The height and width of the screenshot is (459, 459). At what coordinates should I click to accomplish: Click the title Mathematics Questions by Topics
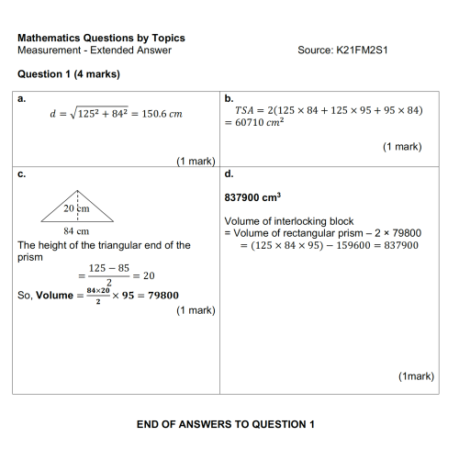[x=101, y=38]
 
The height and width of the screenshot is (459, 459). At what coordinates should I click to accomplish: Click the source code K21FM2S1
[x=343, y=50]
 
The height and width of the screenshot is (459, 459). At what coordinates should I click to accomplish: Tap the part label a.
[x=21, y=96]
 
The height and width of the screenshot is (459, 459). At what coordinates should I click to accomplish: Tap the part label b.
[x=229, y=96]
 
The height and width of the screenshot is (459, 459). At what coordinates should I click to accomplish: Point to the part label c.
[x=21, y=173]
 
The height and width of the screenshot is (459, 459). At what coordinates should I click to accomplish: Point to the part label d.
[x=229, y=173]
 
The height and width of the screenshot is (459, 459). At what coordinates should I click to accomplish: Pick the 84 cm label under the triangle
[x=75, y=230]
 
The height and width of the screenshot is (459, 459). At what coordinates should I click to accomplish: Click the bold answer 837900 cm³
[x=252, y=196]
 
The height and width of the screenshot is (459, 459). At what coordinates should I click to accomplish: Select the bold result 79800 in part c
[x=159, y=295]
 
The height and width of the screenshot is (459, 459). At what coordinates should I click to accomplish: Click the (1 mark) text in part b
[x=402, y=146]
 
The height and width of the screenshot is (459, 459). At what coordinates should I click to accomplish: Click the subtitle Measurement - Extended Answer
[x=94, y=50]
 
